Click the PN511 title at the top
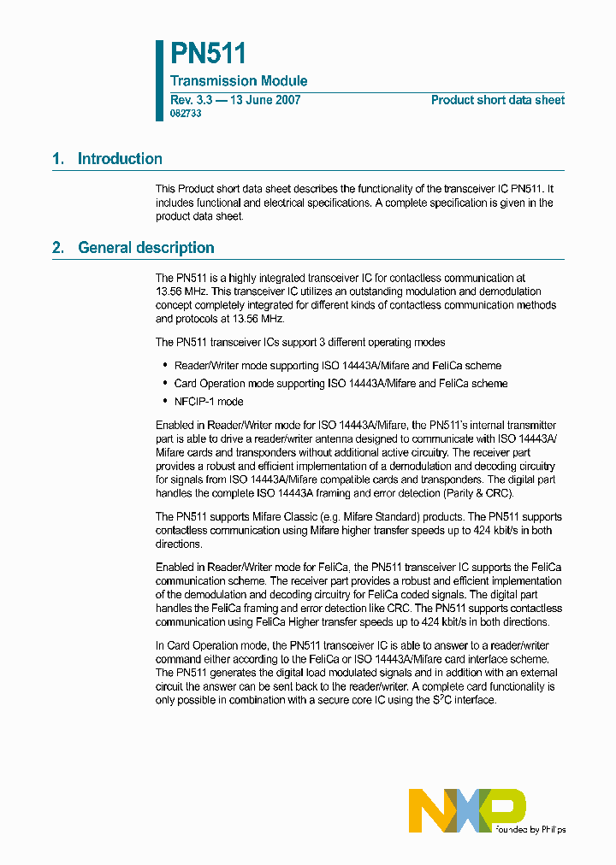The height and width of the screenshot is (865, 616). pyautogui.click(x=208, y=54)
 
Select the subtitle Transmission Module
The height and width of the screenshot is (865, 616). pyautogui.click(x=239, y=81)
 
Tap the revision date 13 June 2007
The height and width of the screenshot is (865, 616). pyautogui.click(x=264, y=100)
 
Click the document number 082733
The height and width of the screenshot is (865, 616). pyautogui.click(x=186, y=114)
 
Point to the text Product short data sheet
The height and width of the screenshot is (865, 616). pyautogui.click(x=497, y=100)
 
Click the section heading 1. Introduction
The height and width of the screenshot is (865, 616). pyautogui.click(x=107, y=159)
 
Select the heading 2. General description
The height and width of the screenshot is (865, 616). pyautogui.click(x=133, y=248)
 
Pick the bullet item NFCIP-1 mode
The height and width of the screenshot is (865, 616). pyautogui.click(x=209, y=402)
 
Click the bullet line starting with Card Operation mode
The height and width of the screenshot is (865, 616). pyautogui.click(x=341, y=384)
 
